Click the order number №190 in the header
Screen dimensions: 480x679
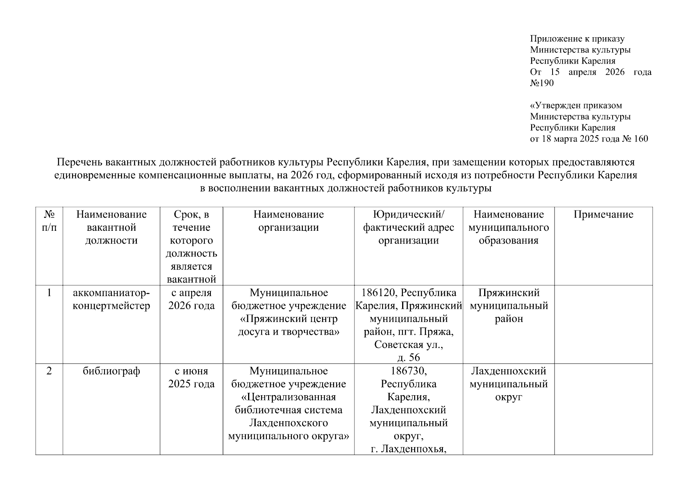pos(542,83)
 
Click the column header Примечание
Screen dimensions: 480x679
pos(603,214)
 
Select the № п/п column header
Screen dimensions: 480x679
pos(49,221)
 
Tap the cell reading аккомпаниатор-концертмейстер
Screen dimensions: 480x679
pos(111,299)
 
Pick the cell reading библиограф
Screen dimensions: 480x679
pos(111,371)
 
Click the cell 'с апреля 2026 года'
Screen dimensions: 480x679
pos(191,299)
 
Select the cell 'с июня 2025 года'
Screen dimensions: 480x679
pos(191,377)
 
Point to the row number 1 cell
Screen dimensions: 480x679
pos(49,293)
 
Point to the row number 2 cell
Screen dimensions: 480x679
pos(49,371)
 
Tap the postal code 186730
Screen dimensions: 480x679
pos(408,371)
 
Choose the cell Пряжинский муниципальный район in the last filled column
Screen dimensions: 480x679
pos(509,306)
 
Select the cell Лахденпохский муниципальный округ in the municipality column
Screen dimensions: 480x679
pos(509,384)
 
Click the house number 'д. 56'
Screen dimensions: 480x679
pos(409,357)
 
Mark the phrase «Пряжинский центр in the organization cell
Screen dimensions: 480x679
pos(288,319)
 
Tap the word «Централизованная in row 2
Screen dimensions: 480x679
pos(288,397)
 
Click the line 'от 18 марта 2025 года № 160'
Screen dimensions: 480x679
pos(589,139)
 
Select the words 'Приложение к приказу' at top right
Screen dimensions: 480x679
pos(577,39)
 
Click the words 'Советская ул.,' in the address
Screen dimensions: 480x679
pos(409,345)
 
